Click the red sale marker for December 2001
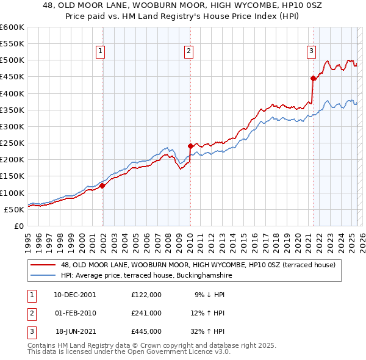click(x=102, y=185)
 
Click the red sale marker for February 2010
click(x=190, y=146)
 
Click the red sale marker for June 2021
click(x=313, y=78)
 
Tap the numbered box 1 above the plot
click(x=100, y=51)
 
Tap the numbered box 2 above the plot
click(x=189, y=51)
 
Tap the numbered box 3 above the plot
click(x=311, y=51)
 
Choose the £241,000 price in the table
click(x=146, y=313)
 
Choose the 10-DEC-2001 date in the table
click(x=75, y=295)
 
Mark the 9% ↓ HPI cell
click(x=210, y=295)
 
